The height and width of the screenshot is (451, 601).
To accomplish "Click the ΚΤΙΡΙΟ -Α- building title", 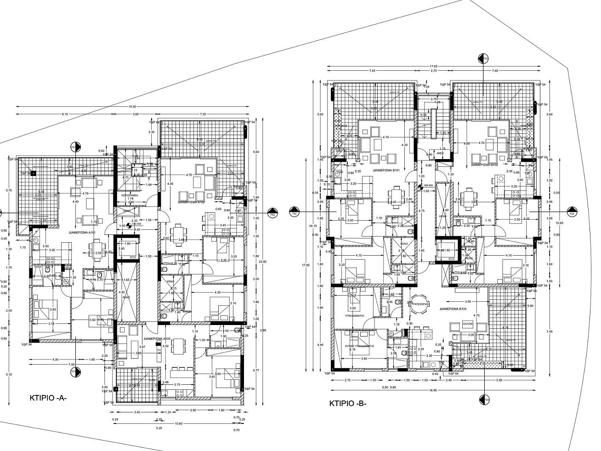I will point(48,398).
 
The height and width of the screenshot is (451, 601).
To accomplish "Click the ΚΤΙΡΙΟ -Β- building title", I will point(348,404).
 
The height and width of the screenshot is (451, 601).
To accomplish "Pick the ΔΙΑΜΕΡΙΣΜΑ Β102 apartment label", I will point(487,164).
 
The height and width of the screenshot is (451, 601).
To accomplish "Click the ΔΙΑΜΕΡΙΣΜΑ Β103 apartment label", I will point(453,309).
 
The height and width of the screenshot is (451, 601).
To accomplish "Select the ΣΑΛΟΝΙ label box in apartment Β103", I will point(467,324).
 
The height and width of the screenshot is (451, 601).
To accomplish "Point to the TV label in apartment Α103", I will point(159,350).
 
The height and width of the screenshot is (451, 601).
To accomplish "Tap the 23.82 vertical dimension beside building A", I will point(262,261).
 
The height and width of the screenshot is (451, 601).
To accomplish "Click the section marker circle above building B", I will point(483,58).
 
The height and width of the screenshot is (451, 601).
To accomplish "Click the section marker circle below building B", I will point(483,400).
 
